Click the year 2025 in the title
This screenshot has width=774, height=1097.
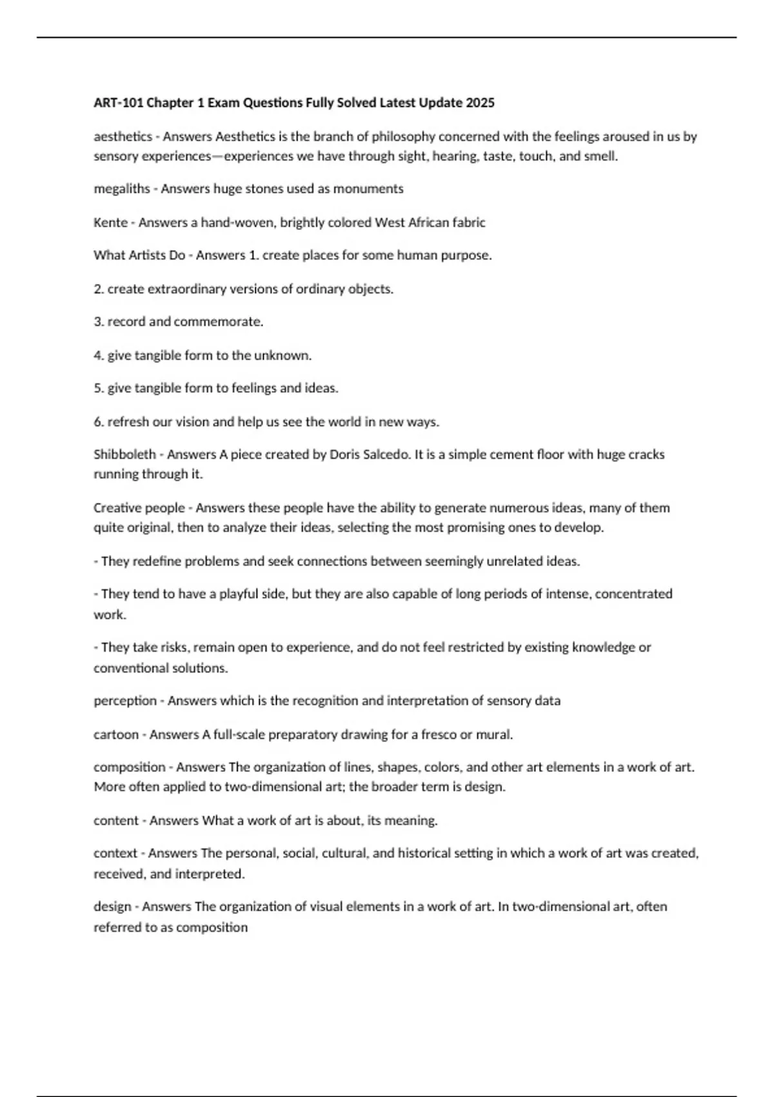481,103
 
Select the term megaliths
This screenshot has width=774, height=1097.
121,189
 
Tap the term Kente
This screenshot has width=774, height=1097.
110,223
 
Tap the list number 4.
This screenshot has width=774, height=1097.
98,356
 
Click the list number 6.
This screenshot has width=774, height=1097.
98,422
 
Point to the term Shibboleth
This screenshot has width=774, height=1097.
124,454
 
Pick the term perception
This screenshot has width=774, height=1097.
124,701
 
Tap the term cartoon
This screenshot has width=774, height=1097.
116,734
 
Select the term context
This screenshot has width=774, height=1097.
115,853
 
